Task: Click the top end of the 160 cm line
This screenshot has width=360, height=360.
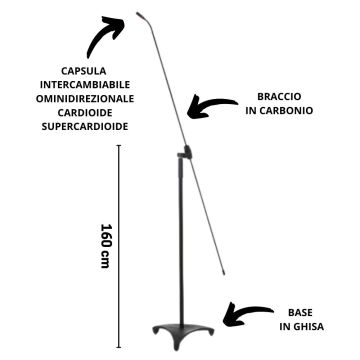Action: coord(121,146)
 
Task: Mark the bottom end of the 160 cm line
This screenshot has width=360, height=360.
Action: coord(121,345)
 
